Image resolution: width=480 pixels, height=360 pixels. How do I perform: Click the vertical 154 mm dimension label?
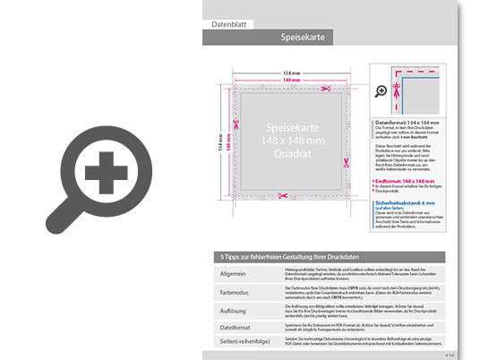[x=219, y=142]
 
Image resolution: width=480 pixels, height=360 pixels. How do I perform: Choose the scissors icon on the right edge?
[x=344, y=162]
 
